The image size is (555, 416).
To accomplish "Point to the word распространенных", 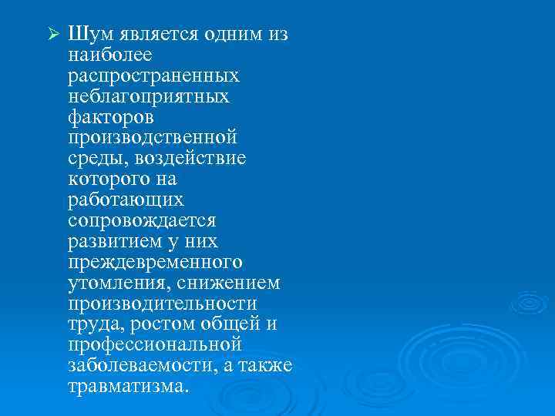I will [x=153, y=76].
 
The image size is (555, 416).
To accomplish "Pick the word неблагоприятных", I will [x=148, y=97].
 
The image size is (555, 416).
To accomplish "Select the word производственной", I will [x=152, y=138].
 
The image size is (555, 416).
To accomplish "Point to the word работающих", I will [x=126, y=200].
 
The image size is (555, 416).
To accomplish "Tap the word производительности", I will [x=162, y=303].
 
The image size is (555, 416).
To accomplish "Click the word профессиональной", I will [x=155, y=344].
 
